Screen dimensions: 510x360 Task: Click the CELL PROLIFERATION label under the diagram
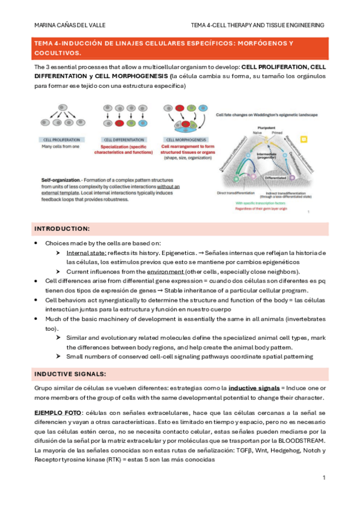click(58, 138)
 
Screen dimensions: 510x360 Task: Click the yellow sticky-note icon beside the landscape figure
click(304, 140)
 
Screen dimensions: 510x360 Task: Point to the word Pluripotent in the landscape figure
click(266, 128)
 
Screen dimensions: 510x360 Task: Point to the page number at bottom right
click(323, 478)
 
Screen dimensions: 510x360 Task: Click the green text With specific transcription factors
click(261, 203)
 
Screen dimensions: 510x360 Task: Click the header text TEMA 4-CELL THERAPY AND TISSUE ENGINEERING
click(257, 25)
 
